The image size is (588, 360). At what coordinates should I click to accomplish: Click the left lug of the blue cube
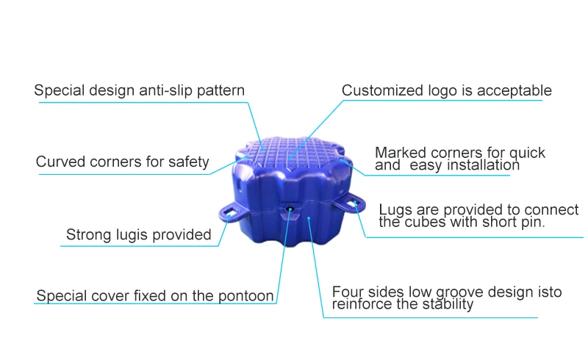[230, 212]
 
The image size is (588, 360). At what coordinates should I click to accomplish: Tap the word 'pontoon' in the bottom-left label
[248, 297]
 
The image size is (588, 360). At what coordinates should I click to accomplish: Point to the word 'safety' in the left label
[187, 162]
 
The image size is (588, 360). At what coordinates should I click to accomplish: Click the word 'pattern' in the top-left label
[221, 91]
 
